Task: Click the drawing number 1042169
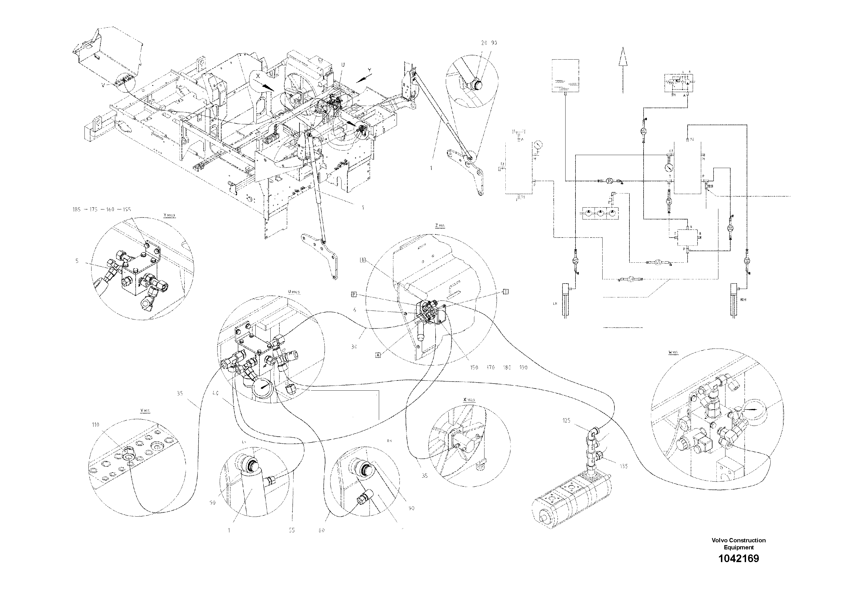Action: pos(738,558)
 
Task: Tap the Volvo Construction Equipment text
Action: pos(738,543)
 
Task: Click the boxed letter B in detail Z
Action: pos(363,260)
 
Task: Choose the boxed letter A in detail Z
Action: pos(378,354)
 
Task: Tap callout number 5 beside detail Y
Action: pos(77,261)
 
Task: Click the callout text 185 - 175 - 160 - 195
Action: pos(101,210)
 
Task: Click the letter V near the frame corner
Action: pos(103,85)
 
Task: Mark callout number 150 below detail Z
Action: pos(474,367)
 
